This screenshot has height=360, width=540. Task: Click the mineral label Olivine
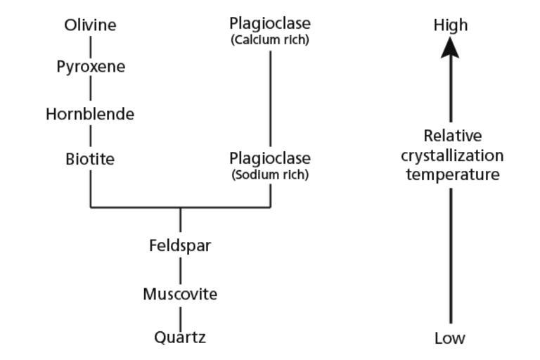pyautogui.click(x=90, y=25)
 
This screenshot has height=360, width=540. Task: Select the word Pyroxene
pyautogui.click(x=91, y=67)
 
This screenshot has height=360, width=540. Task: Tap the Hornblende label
pyautogui.click(x=90, y=114)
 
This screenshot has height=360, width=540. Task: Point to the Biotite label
pyautogui.click(x=90, y=160)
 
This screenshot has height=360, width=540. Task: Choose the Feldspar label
pyautogui.click(x=180, y=246)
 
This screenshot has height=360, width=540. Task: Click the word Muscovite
pyautogui.click(x=180, y=294)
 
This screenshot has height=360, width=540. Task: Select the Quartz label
pyautogui.click(x=180, y=338)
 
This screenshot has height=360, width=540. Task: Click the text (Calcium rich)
pyautogui.click(x=270, y=40)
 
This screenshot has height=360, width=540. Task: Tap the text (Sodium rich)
pyautogui.click(x=270, y=174)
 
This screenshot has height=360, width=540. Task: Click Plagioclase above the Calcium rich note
pyautogui.click(x=270, y=24)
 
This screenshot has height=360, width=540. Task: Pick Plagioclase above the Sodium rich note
pyautogui.click(x=270, y=158)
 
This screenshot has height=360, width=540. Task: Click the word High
pyautogui.click(x=451, y=25)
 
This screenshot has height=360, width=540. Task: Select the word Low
pyautogui.click(x=450, y=338)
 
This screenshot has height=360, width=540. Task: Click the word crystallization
pyautogui.click(x=452, y=155)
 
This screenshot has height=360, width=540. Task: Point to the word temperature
pyautogui.click(x=452, y=174)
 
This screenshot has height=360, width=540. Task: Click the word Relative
pyautogui.click(x=452, y=136)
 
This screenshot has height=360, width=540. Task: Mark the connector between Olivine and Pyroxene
pyautogui.click(x=90, y=46)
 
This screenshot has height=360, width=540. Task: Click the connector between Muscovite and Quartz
pyautogui.click(x=180, y=316)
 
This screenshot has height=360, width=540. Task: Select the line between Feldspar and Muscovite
pyautogui.click(x=180, y=270)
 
